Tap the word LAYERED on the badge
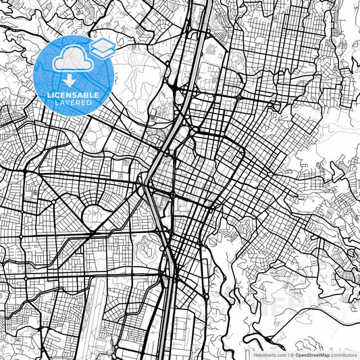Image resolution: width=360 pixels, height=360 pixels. coord(74,102)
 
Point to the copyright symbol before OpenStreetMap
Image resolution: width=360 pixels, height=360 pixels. coord(291,354)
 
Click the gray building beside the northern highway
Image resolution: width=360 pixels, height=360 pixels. coord(210,50)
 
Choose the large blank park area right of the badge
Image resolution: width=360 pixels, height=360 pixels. coord(138,74)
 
